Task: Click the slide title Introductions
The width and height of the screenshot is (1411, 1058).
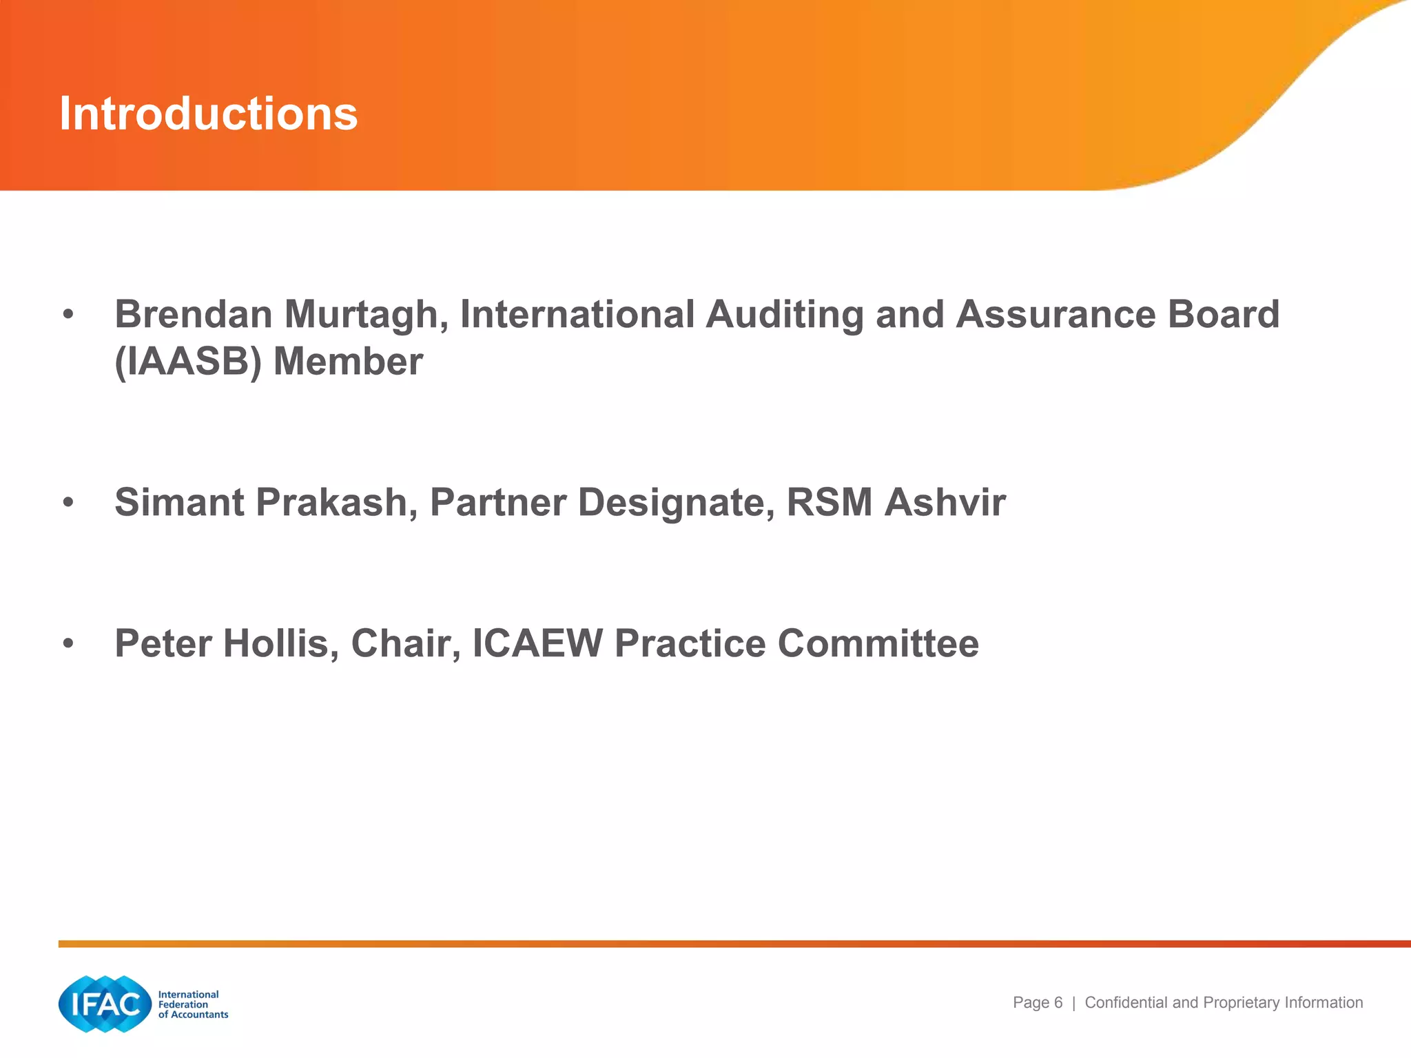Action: [208, 114]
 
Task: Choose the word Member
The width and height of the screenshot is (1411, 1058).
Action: [348, 362]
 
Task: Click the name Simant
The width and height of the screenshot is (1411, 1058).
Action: [179, 502]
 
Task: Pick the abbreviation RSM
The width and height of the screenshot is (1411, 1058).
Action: [830, 502]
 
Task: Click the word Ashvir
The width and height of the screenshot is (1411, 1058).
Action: [945, 502]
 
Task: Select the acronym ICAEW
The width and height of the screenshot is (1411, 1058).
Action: [537, 643]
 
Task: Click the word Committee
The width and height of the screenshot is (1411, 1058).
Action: [878, 643]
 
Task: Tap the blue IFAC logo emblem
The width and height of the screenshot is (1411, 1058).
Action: [105, 1004]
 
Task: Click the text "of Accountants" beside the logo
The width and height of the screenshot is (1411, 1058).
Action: [193, 1015]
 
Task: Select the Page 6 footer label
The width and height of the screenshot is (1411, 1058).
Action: [1037, 1003]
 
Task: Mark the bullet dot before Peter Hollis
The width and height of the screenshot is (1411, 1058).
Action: [68, 644]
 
